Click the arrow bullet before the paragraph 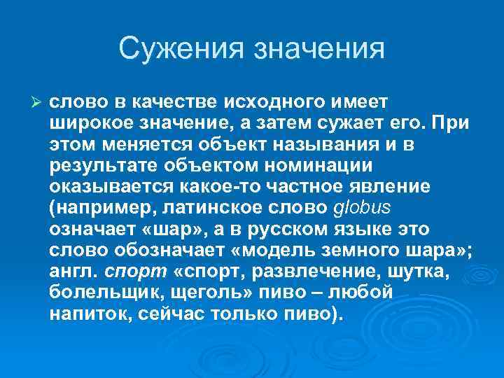tap(38, 101)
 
